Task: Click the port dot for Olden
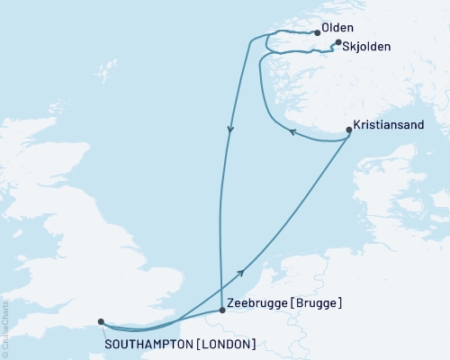point(317,33)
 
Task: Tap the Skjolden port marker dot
point(337,42)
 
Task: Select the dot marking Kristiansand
point(349,130)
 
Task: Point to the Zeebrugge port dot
point(222,310)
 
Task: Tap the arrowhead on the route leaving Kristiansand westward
point(292,134)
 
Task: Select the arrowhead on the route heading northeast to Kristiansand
point(240,272)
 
